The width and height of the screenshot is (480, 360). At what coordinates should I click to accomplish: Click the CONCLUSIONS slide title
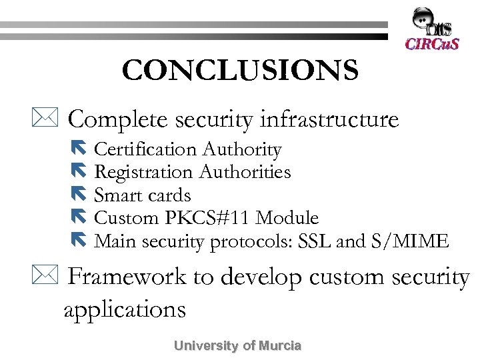click(240, 70)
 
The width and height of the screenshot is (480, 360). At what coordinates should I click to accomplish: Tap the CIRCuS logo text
click(432, 44)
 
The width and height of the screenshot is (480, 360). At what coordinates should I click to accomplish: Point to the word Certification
click(145, 150)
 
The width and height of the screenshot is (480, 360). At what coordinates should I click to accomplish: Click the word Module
click(287, 218)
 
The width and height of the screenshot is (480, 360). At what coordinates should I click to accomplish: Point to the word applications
click(124, 309)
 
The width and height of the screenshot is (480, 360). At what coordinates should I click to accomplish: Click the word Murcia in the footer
click(280, 346)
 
